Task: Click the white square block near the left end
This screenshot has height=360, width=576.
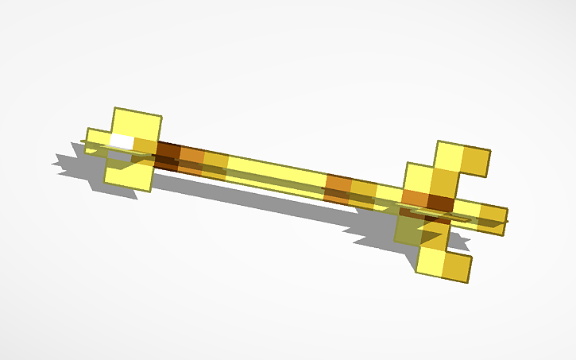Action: pyautogui.click(x=121, y=141)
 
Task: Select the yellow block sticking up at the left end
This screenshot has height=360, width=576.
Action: pyautogui.click(x=137, y=124)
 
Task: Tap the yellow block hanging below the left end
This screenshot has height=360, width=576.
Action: pyautogui.click(x=129, y=174)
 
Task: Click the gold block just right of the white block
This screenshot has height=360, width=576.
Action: pyautogui.click(x=145, y=145)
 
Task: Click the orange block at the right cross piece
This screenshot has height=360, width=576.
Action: pyautogui.click(x=415, y=197)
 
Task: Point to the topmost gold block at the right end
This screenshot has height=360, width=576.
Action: pyautogui.click(x=475, y=161)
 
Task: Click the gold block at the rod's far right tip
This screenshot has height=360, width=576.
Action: pyautogui.click(x=492, y=215)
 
